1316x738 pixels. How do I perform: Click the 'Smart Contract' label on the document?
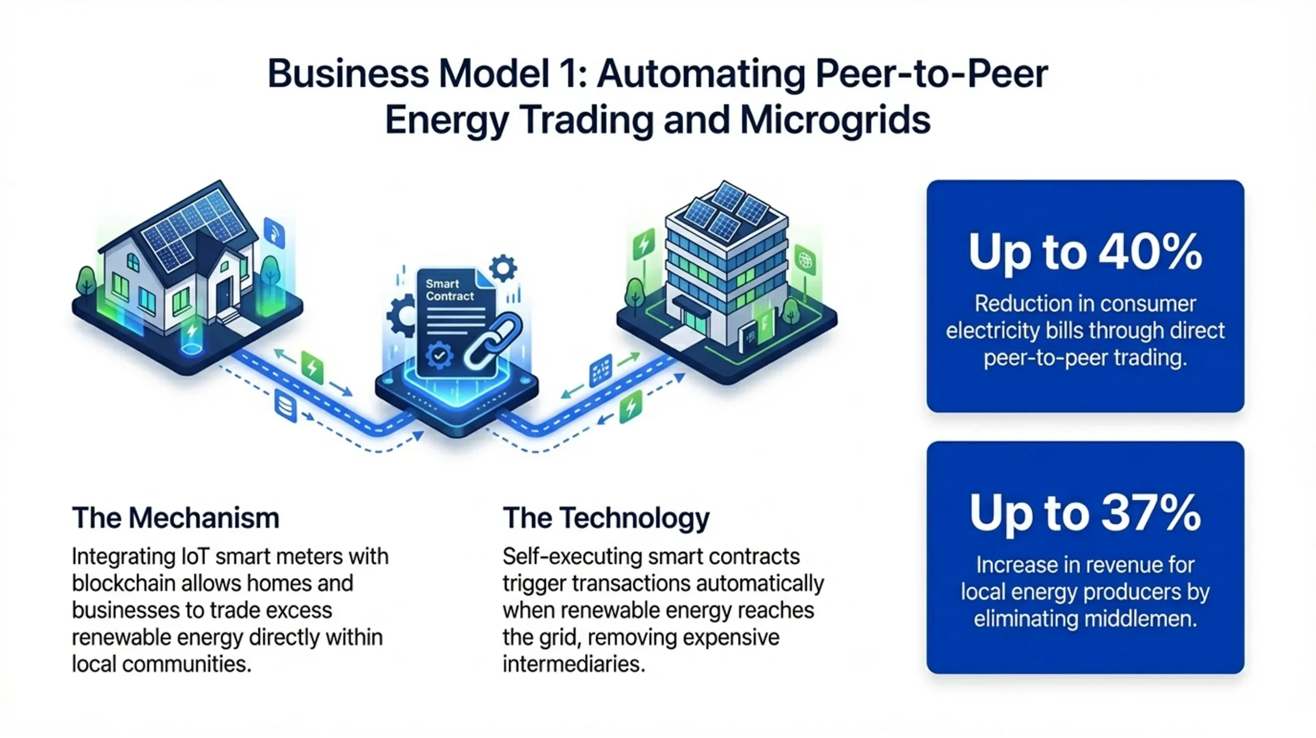click(449, 290)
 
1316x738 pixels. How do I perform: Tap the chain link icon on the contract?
click(492, 340)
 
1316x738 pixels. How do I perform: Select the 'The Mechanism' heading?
click(175, 518)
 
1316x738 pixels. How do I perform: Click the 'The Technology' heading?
click(606, 518)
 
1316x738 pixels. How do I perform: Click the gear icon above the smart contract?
click(503, 268)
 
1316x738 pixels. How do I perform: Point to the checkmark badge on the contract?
click(439, 355)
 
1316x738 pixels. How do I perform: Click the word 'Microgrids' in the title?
click(835, 120)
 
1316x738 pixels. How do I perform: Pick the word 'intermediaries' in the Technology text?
click(573, 664)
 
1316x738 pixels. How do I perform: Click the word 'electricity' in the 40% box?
click(993, 331)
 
